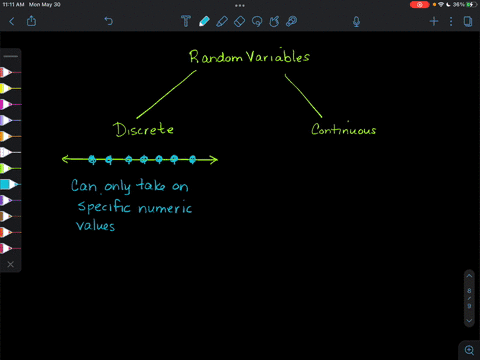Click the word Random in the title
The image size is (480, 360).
tap(210, 57)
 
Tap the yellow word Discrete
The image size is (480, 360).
tap(144, 129)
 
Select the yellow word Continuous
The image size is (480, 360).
tap(343, 129)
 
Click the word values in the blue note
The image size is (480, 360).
tap(96, 226)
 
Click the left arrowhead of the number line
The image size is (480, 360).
tap(65, 158)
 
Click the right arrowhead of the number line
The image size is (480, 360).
tap(214, 158)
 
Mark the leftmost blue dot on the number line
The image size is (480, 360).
tap(92, 158)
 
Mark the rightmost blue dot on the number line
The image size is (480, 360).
tap(189, 158)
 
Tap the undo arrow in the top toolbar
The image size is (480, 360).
tap(108, 21)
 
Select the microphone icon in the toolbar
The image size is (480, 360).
tap(357, 21)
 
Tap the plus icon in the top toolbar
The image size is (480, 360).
tap(434, 21)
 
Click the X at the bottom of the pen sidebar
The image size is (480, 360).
tap(10, 264)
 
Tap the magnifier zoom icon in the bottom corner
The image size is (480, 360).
tap(469, 350)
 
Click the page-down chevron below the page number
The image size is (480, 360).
tap(469, 322)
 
